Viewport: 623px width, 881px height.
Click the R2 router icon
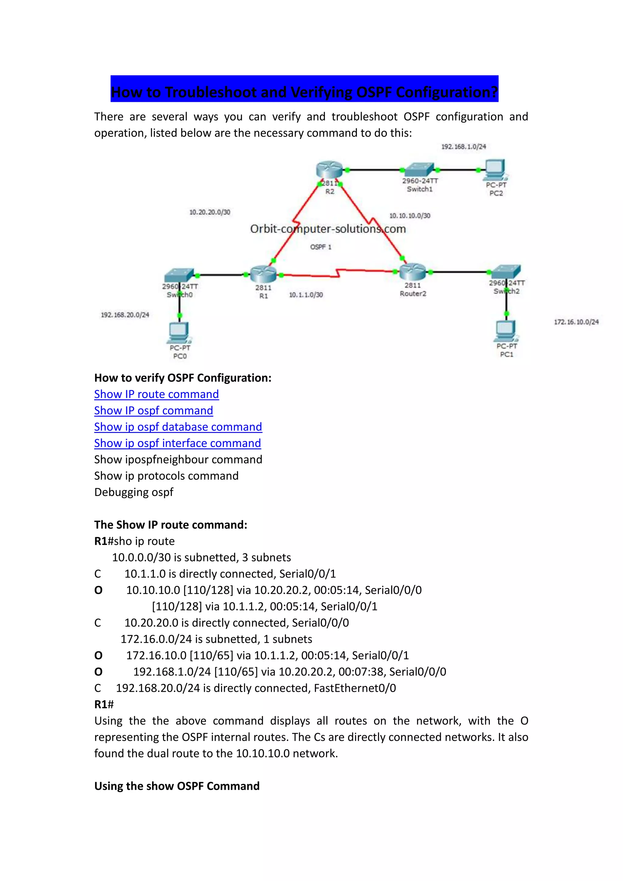[x=329, y=170]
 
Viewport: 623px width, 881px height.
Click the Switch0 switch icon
[x=179, y=275]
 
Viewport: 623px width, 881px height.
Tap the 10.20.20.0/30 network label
[x=210, y=212]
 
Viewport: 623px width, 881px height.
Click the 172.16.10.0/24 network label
[x=576, y=322]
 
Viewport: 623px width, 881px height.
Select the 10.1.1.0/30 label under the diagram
[x=306, y=295]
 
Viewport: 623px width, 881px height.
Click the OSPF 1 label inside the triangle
[x=321, y=247]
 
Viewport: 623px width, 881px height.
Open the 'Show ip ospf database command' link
[x=178, y=427]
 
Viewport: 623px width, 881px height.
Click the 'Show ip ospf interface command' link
[x=178, y=443]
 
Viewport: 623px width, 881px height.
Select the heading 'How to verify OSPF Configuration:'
[x=183, y=378]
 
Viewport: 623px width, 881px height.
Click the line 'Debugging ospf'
[x=134, y=492]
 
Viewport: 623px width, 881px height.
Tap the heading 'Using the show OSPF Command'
[x=177, y=786]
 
